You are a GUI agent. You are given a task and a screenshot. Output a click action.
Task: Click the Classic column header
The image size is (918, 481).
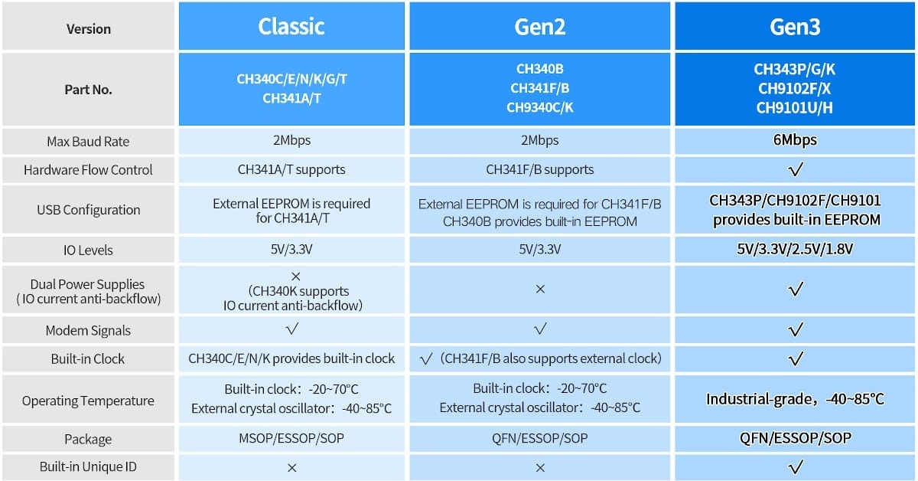tap(291, 26)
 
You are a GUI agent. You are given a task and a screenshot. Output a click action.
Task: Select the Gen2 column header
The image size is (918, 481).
tap(540, 27)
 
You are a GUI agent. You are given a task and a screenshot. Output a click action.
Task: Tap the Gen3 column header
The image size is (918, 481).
tap(795, 27)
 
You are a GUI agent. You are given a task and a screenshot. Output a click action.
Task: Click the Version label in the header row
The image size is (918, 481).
tap(89, 29)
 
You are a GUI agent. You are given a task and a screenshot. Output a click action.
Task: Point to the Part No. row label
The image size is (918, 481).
tap(88, 90)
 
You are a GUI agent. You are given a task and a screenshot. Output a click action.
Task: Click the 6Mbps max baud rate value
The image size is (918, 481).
tap(795, 140)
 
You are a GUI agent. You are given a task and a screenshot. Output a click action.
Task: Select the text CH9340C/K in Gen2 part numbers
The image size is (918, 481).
tap(540, 107)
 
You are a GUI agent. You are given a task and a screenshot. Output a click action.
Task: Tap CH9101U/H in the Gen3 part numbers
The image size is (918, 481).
tap(794, 107)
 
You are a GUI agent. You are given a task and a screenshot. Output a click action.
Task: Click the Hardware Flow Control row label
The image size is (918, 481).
tap(88, 170)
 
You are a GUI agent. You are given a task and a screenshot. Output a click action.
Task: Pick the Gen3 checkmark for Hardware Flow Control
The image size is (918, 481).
tap(795, 169)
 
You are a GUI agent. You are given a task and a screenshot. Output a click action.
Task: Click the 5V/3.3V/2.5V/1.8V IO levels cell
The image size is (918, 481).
tap(795, 249)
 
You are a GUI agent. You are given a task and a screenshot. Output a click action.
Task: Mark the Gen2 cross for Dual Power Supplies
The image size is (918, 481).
tap(540, 290)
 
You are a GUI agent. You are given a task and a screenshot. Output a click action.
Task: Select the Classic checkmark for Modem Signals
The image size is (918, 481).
tap(291, 329)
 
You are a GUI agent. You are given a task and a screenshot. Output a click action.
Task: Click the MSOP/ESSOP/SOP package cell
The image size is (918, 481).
tap(291, 438)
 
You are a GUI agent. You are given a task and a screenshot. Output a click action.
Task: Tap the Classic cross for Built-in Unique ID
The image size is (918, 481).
tap(291, 467)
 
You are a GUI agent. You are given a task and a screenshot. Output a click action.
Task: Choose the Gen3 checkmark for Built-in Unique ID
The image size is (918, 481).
tap(795, 466)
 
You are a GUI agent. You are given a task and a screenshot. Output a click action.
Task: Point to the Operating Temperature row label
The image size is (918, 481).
tap(88, 401)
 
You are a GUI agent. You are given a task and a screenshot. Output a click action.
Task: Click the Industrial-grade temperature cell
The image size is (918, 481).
tap(795, 399)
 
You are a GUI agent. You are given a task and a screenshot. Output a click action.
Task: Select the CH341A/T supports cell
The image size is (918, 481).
tap(291, 169)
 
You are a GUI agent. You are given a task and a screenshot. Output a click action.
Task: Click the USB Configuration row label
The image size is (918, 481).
tap(88, 210)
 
